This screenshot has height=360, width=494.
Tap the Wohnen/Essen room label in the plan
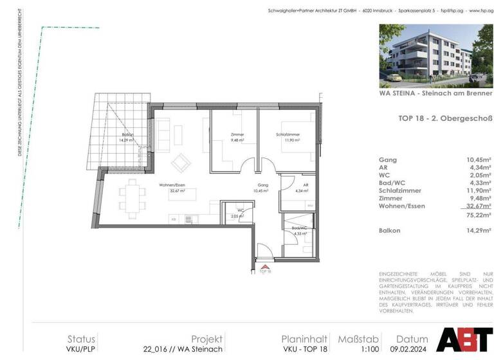(172, 187)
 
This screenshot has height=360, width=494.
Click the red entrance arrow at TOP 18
(264, 265)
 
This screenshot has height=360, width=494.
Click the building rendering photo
(435, 55)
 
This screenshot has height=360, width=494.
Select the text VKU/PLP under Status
(82, 349)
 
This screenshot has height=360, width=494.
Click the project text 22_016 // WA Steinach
(183, 349)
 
